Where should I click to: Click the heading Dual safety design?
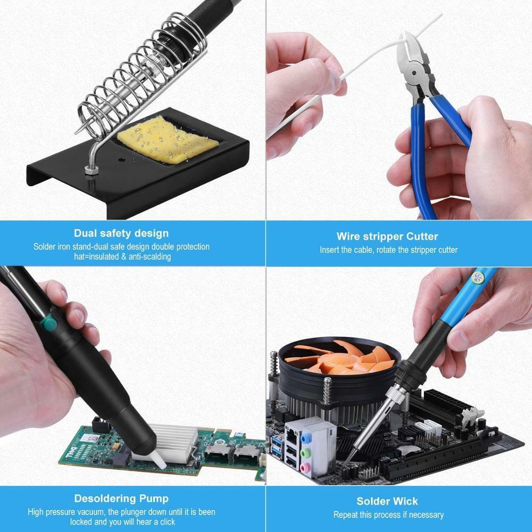[x=121, y=233]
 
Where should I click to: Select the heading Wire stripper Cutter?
[x=387, y=236]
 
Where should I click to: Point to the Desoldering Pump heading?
[x=121, y=498]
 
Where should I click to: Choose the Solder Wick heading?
[x=387, y=501]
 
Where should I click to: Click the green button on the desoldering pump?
[x=50, y=322]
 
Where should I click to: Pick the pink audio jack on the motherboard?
[x=305, y=467]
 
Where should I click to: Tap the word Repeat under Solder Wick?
[x=346, y=514]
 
